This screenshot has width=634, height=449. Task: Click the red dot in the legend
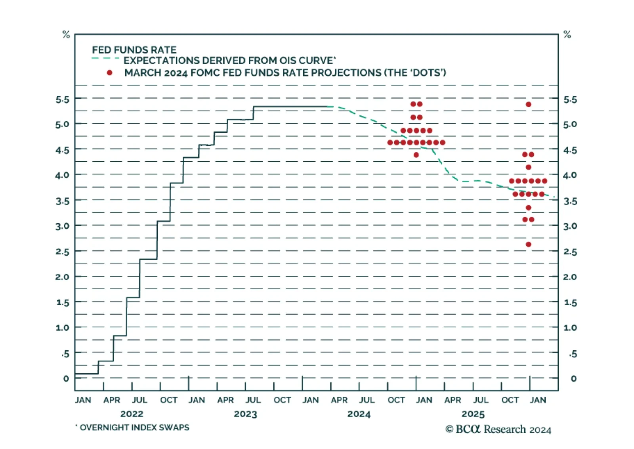(x=109, y=73)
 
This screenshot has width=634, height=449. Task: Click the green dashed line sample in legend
(x=105, y=59)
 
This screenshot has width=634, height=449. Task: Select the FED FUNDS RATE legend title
(x=134, y=50)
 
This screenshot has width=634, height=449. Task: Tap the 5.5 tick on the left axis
(x=62, y=99)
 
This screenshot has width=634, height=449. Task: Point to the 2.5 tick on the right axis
(x=570, y=252)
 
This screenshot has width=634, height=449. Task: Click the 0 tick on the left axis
(x=66, y=378)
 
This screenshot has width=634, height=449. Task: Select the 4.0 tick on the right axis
(x=570, y=175)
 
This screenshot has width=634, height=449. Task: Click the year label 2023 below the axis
(x=245, y=414)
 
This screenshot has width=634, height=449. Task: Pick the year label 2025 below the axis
(x=473, y=414)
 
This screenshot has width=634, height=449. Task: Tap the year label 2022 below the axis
(x=132, y=414)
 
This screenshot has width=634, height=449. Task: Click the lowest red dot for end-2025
(x=528, y=245)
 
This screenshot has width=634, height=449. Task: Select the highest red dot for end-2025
(x=528, y=105)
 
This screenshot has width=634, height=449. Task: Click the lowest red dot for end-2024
(x=416, y=155)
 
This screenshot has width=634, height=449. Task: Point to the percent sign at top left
(x=66, y=35)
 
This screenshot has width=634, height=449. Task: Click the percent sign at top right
(x=567, y=35)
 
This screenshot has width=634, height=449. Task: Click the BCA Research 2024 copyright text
(x=498, y=430)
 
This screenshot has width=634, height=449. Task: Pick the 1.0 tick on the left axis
(x=62, y=328)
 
